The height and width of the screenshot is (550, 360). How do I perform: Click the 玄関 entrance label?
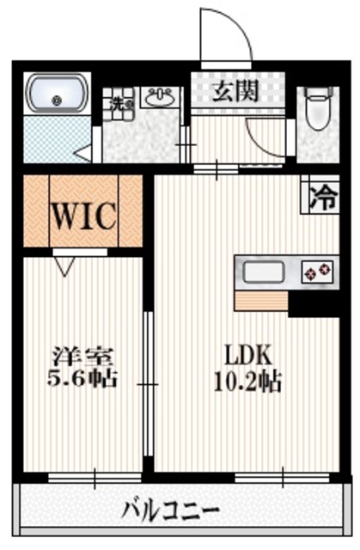point(236,91)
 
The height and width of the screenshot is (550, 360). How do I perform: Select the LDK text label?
point(248,354)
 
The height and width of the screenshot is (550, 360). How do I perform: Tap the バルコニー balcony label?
point(172,509)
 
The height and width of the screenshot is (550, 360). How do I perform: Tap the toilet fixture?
point(320,107)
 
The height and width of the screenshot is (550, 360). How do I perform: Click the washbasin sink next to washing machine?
point(159,99)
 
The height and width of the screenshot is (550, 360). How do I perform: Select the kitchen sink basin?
point(263,273)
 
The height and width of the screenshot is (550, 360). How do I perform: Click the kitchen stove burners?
point(319,273)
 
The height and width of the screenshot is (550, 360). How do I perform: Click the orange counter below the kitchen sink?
point(260,302)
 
